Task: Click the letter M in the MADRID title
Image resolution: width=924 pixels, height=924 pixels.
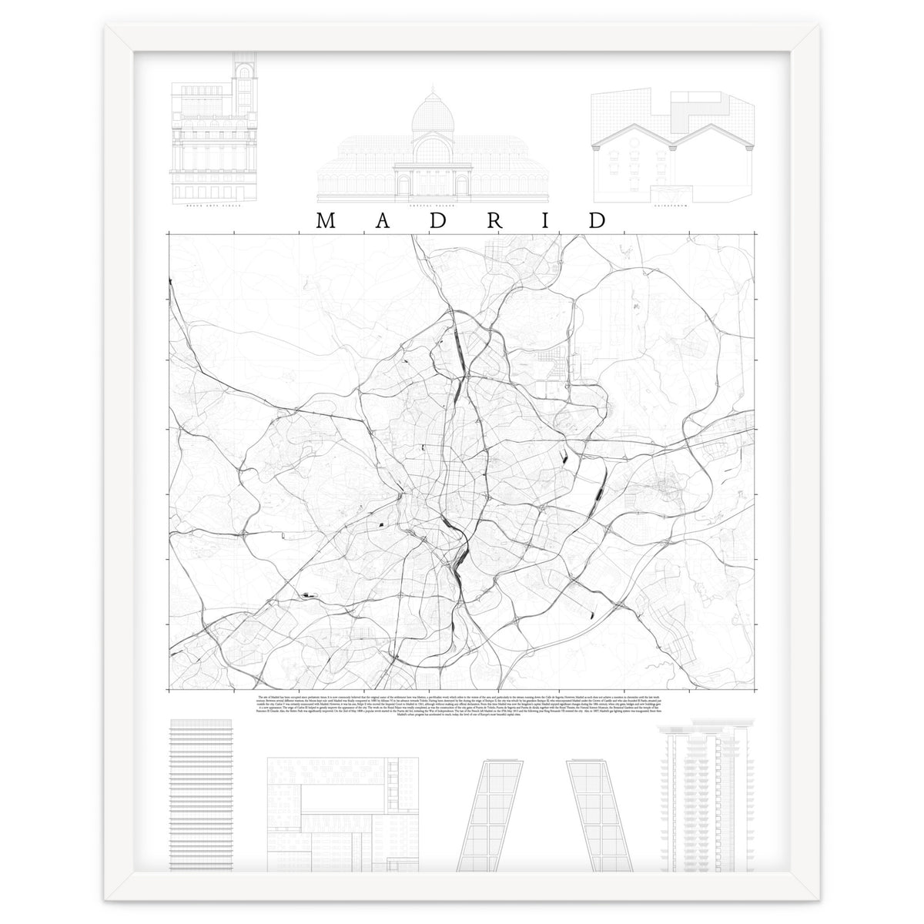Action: click(x=325, y=220)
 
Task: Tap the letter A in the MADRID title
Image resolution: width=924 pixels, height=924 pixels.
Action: click(x=381, y=220)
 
